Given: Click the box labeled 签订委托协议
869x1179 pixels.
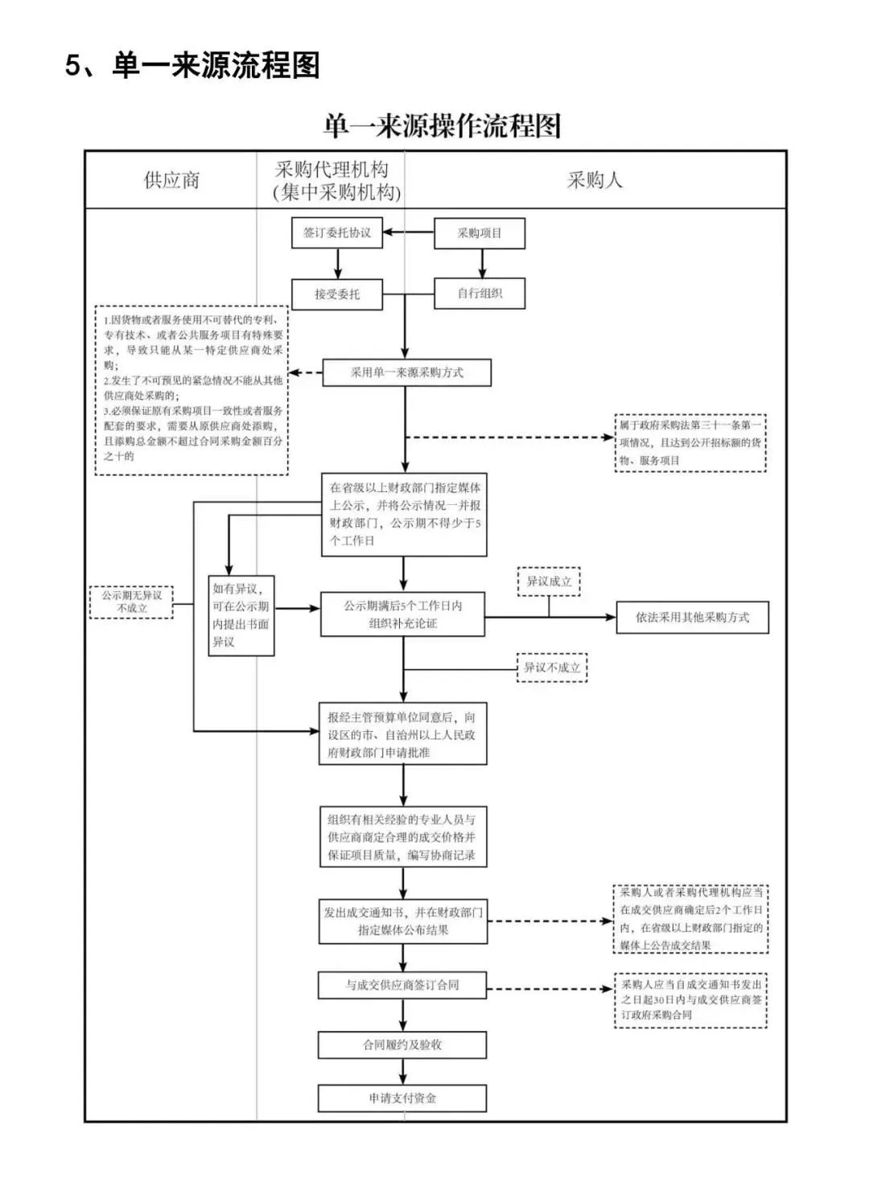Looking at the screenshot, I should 336,232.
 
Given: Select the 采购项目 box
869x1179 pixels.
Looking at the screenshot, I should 480,233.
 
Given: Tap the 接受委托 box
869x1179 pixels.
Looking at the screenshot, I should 336,294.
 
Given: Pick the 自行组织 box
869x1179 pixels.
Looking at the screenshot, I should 480,294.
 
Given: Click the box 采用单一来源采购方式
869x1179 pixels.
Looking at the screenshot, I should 406,372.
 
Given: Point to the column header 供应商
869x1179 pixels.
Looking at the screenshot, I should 171,180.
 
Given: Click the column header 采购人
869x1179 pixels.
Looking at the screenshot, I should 595,180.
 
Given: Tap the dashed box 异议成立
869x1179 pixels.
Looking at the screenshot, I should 549,581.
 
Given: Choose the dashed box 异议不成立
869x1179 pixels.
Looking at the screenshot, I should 551,668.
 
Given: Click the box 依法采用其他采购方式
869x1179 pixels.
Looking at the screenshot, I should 692,618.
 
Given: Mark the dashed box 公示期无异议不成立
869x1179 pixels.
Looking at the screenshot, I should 132,602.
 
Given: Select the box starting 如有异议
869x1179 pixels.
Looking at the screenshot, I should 241,615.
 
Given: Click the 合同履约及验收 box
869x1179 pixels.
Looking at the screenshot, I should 402,1045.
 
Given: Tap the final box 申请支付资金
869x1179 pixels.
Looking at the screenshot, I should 402,1098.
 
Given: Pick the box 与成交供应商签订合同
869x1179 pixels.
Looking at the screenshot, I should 402,985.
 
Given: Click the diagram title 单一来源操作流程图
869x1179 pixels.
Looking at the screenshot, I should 441,126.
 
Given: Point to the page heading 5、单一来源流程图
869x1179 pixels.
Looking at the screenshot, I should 192,65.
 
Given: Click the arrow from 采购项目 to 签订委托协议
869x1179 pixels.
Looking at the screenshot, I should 408,232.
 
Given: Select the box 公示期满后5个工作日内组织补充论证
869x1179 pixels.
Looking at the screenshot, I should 402,614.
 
